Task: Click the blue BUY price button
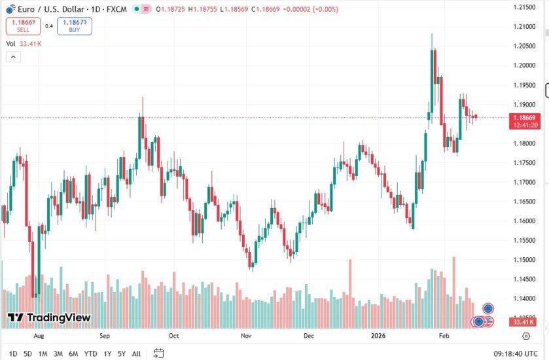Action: click(x=74, y=26)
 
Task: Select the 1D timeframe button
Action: click(x=13, y=353)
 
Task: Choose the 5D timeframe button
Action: click(x=27, y=353)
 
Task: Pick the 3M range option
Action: click(x=58, y=353)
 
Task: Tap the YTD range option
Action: click(x=91, y=353)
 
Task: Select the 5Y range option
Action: click(x=122, y=353)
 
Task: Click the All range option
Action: click(x=136, y=353)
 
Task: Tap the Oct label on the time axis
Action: click(x=173, y=336)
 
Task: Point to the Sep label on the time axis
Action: click(x=105, y=336)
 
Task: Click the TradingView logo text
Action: click(x=58, y=318)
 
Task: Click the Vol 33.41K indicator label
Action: click(x=24, y=44)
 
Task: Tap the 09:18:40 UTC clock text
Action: click(x=516, y=353)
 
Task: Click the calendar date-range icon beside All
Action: click(x=158, y=353)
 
